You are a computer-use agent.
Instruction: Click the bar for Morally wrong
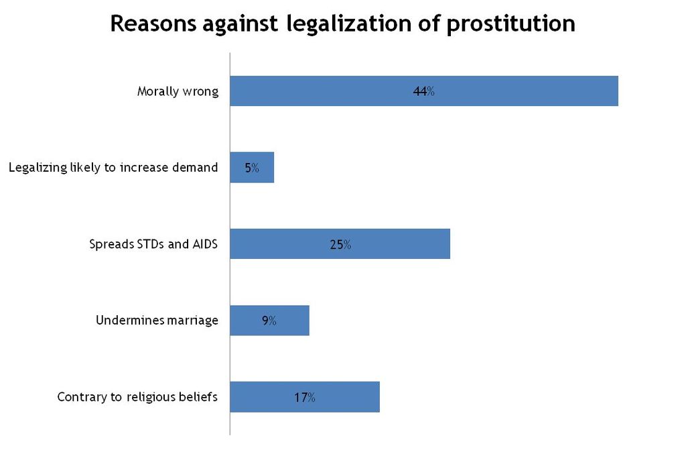pyautogui.click(x=523, y=91)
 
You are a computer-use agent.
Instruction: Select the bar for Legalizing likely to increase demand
pyautogui.click(x=265, y=168)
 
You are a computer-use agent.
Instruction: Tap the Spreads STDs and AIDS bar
pyautogui.click(x=402, y=244)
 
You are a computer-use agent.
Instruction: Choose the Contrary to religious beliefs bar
pyautogui.click(x=348, y=397)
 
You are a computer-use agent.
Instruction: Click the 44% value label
pyautogui.click(x=424, y=92)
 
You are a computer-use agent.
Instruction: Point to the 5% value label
pyautogui.click(x=252, y=168)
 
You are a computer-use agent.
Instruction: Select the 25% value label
pyautogui.click(x=340, y=245)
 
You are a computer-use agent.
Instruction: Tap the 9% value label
pyautogui.click(x=269, y=321)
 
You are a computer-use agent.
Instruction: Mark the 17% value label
pyautogui.click(x=304, y=397)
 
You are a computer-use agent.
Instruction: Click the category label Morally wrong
pyautogui.click(x=178, y=92)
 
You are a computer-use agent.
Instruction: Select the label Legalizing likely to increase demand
pyautogui.click(x=113, y=168)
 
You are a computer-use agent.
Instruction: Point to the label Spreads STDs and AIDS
pyautogui.click(x=154, y=244)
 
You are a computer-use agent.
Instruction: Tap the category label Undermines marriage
pyautogui.click(x=157, y=321)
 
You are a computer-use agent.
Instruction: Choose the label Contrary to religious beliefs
pyautogui.click(x=137, y=397)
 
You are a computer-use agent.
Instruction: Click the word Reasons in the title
pyautogui.click(x=153, y=24)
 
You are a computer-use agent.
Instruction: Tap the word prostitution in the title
pyautogui.click(x=510, y=24)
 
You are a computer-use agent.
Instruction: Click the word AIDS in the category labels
pyautogui.click(x=205, y=244)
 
